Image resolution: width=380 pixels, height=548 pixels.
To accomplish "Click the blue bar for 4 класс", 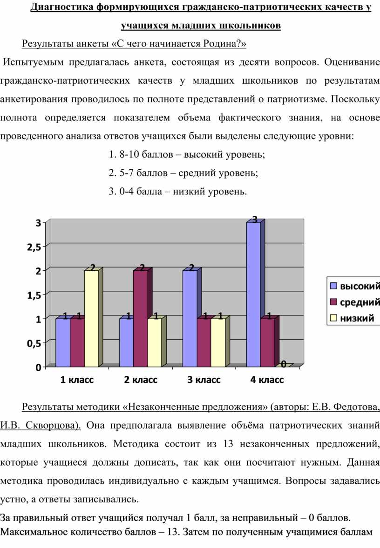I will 253,294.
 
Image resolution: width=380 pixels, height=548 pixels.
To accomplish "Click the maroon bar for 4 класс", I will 267,342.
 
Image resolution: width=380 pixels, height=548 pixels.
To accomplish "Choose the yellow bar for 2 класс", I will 155,342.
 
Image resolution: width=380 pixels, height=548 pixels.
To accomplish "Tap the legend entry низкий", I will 357,319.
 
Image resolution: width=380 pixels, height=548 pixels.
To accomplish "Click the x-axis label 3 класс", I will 204,380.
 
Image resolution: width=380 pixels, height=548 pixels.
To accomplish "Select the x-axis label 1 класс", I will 77,380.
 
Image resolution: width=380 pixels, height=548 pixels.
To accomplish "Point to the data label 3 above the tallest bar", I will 255,219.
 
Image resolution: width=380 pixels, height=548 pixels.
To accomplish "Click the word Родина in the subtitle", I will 221,44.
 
